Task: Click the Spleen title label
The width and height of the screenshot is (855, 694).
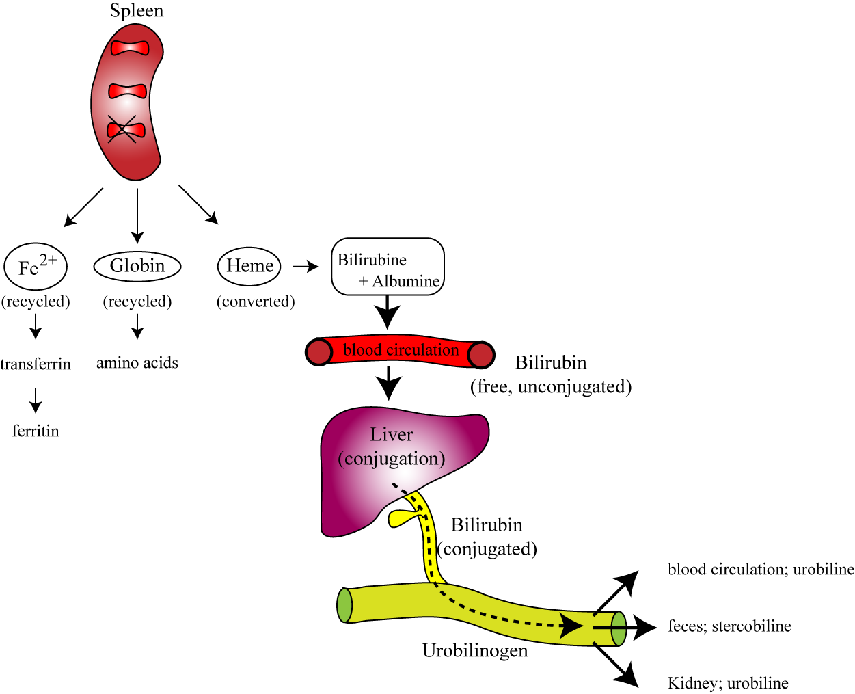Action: tap(137, 11)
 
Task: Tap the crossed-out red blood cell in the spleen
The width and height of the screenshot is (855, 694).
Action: tap(126, 129)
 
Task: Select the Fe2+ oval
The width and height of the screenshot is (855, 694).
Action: tap(36, 266)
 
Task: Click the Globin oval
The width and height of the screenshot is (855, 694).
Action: tap(137, 266)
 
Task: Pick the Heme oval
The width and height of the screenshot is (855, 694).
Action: tap(249, 266)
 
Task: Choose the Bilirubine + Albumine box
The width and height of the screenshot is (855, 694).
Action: tap(388, 267)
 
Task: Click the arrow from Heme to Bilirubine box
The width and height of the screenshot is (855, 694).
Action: tap(306, 267)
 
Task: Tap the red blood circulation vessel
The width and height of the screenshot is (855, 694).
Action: tap(400, 351)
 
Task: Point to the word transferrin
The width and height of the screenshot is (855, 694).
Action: tap(36, 364)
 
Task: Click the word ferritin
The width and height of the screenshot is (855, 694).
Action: tap(36, 431)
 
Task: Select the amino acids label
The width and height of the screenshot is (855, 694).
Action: tap(137, 363)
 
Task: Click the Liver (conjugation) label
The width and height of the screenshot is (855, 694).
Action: tap(392, 446)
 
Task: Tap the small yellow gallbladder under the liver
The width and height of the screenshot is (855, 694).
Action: tap(400, 518)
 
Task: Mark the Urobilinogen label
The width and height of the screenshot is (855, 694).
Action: tap(475, 650)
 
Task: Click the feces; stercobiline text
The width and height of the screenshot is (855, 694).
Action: tap(729, 626)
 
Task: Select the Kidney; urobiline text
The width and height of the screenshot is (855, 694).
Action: tap(728, 683)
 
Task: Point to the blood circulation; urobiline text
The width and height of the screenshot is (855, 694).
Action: tap(761, 570)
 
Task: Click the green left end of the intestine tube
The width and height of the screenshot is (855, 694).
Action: tap(345, 605)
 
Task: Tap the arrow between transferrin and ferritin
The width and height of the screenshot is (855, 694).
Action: tap(36, 399)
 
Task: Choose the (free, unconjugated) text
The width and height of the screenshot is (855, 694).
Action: tap(551, 387)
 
